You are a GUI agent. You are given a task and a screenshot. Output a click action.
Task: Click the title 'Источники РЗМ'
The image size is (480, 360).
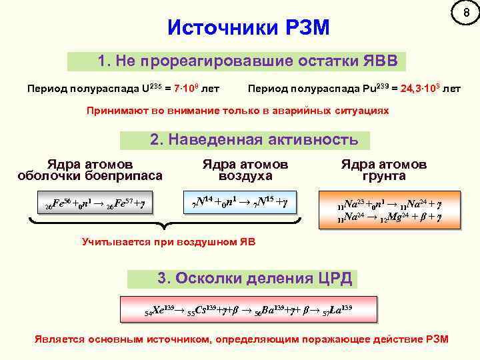click(x=249, y=28)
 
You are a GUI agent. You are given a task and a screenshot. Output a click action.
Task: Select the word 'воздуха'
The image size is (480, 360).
click(x=245, y=175)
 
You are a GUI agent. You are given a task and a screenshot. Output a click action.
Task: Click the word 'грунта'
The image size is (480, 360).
click(x=383, y=175)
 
